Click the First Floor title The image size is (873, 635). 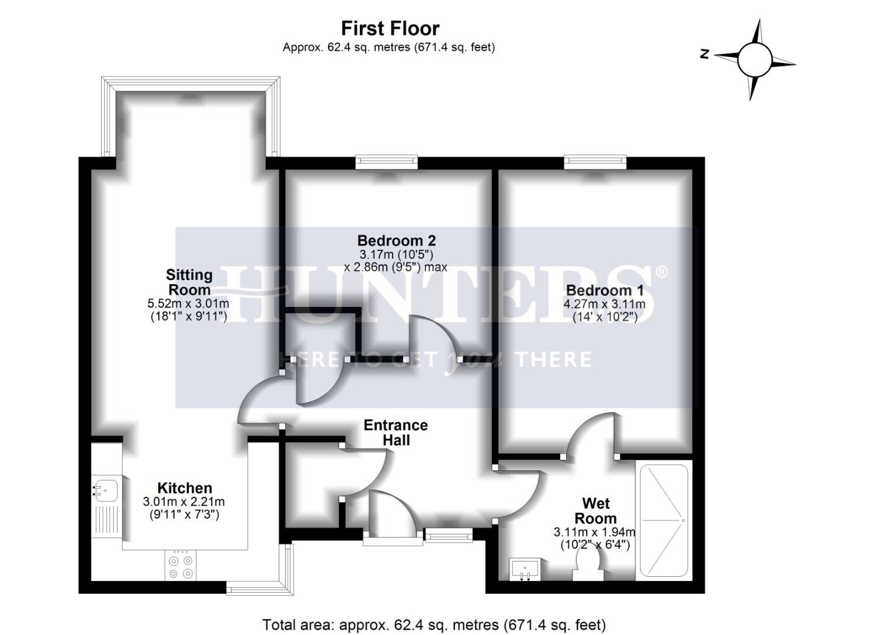(x=390, y=28)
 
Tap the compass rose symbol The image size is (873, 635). (x=754, y=59)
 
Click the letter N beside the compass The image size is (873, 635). (x=704, y=54)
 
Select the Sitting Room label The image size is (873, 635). (x=189, y=282)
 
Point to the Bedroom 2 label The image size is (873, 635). (x=396, y=240)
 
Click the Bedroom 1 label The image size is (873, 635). (x=604, y=290)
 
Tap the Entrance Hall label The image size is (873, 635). (x=396, y=432)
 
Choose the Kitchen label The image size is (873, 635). (x=185, y=488)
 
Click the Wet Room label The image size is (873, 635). (x=596, y=511)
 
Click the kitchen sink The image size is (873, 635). (x=106, y=490)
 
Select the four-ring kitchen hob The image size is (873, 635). (x=180, y=565)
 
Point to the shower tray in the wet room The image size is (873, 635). (x=664, y=520)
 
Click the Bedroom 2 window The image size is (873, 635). (x=386, y=162)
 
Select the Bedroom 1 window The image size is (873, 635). (x=595, y=162)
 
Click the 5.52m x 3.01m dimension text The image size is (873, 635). (x=188, y=304)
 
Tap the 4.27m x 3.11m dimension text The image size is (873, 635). (x=604, y=305)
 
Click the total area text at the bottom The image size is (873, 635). (x=434, y=624)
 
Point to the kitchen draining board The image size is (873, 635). (x=106, y=524)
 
